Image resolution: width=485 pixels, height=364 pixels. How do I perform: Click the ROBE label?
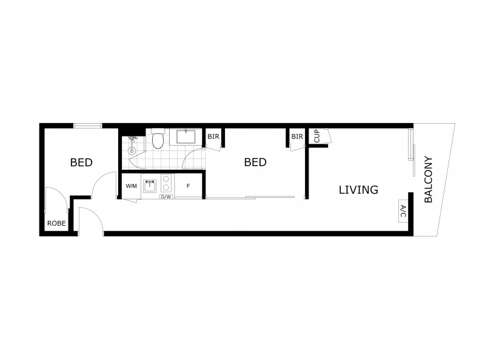(56, 223)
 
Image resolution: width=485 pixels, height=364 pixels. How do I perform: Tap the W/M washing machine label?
(131, 186)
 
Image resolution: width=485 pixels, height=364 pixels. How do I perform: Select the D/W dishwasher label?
(166, 197)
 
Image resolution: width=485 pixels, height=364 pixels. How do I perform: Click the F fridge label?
(189, 186)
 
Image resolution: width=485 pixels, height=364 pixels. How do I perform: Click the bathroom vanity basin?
(186, 136)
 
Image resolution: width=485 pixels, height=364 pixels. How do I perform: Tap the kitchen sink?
(150, 185)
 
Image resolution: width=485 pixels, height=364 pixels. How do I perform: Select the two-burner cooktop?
(167, 184)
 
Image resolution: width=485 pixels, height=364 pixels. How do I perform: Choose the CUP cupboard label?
(317, 136)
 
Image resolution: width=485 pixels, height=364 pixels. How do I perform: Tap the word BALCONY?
(429, 180)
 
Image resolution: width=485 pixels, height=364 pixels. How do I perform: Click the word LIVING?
(358, 190)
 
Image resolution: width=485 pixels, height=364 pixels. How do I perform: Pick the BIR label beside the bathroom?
(213, 136)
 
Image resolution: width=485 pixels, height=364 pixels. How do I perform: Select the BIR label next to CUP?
(296, 136)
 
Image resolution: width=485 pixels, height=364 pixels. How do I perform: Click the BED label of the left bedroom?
(81, 163)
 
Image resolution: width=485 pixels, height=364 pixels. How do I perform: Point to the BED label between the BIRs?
(255, 163)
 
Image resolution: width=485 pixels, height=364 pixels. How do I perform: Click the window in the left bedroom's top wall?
(88, 126)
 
